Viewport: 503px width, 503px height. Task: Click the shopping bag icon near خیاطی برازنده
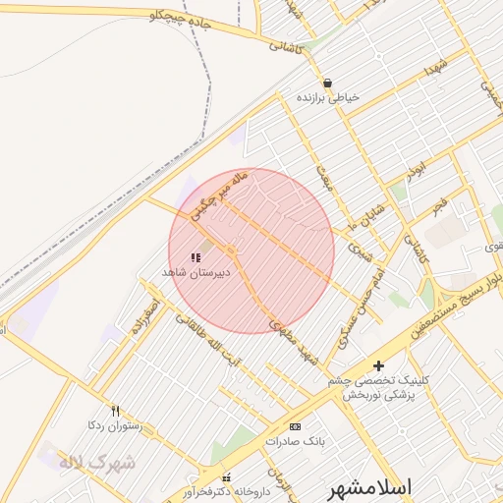point(327,84)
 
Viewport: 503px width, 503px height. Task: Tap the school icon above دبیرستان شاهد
point(195,256)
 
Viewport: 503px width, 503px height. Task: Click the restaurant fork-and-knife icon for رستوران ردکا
point(115,411)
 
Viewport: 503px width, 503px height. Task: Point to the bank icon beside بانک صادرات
point(295,426)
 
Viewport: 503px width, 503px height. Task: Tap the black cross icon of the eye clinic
point(378,365)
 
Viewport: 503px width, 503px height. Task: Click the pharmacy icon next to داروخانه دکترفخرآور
point(228,476)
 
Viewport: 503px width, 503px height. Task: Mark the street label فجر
point(438,206)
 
